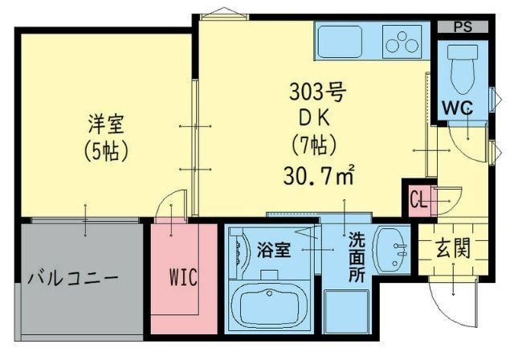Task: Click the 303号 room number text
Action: coord(316,92)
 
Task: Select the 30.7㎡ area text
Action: coord(318,173)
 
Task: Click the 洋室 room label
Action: coord(107,125)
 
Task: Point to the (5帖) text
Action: coord(107,150)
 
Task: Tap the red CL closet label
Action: coord(418,198)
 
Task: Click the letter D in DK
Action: coord(305,117)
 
